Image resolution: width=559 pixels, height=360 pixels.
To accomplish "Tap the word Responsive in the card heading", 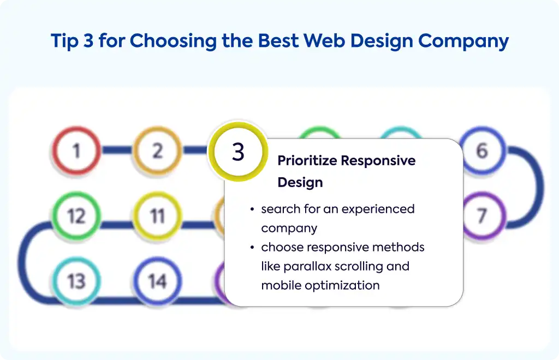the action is (x=378, y=161).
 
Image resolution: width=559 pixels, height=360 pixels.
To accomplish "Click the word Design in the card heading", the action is (x=300, y=182).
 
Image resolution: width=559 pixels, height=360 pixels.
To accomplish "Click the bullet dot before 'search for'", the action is (x=252, y=209).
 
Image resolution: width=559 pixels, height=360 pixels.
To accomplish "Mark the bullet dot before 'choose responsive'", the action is (x=252, y=247).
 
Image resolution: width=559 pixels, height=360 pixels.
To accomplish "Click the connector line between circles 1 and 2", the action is (x=117, y=150).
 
